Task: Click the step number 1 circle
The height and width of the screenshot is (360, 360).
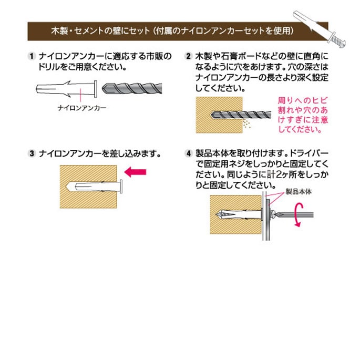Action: [32, 56]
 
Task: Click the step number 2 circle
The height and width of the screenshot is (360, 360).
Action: [189, 56]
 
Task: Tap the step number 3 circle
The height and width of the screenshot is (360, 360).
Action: [32, 153]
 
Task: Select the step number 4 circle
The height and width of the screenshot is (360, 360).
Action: [189, 153]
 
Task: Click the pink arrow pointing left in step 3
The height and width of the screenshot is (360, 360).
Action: [135, 172]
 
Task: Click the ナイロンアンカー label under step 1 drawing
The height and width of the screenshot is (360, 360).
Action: [82, 108]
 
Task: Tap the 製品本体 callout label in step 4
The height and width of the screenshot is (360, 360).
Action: [299, 192]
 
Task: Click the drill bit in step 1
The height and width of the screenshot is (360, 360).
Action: [132, 88]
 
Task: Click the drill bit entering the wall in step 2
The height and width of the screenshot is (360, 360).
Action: [241, 115]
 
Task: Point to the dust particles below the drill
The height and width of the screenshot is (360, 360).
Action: [246, 124]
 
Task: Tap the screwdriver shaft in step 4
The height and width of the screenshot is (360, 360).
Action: [295, 215]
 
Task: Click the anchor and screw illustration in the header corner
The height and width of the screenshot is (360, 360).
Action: [320, 29]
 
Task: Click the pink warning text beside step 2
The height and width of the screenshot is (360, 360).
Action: [303, 115]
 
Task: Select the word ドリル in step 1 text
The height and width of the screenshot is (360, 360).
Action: [48, 67]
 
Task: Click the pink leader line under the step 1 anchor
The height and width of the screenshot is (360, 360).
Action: [80, 95]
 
